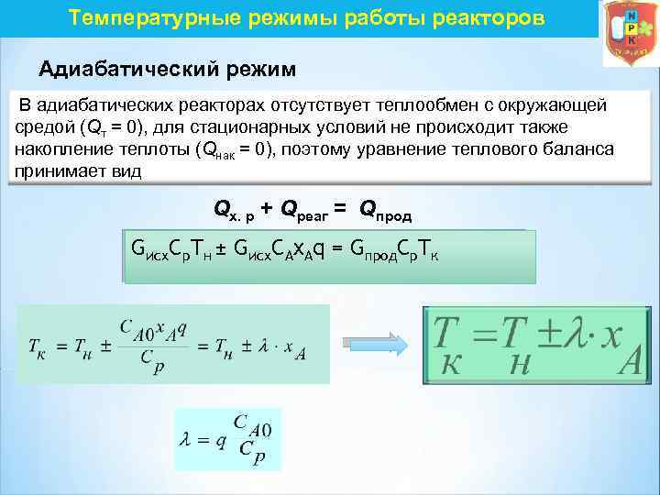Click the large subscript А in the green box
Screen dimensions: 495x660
click(x=629, y=364)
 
